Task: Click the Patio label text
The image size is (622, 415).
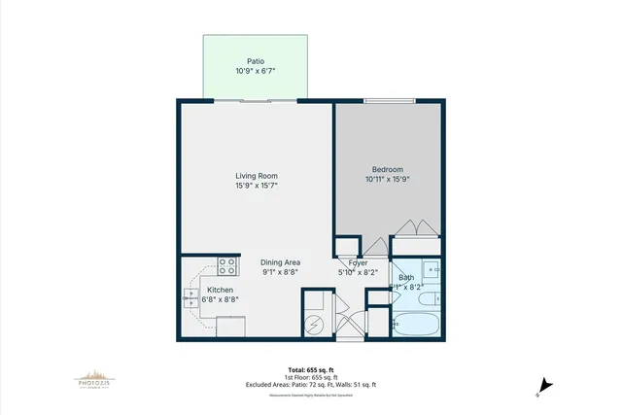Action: click(256, 61)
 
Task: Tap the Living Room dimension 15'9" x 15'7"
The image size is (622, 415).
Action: click(256, 186)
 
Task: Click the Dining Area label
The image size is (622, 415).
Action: click(280, 262)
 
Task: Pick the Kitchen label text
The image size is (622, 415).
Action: click(220, 290)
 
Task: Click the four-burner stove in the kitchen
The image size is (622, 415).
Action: click(227, 265)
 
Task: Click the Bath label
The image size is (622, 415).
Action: click(406, 278)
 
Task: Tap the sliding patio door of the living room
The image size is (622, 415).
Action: click(256, 99)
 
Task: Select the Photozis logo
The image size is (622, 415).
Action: click(95, 378)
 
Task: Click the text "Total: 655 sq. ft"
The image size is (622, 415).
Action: click(310, 370)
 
